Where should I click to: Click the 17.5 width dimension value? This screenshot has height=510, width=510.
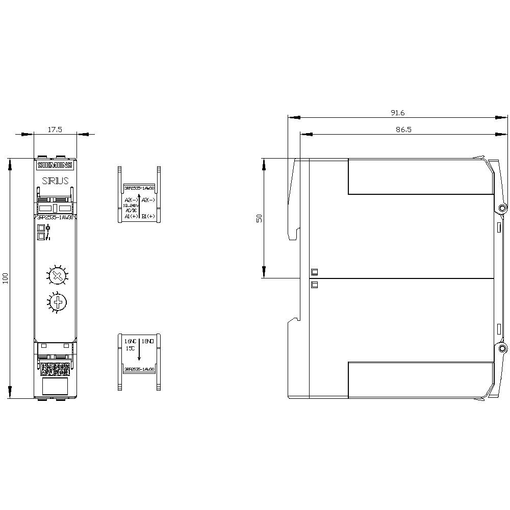click(x=55, y=130)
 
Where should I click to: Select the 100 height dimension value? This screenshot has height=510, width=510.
click(x=6, y=278)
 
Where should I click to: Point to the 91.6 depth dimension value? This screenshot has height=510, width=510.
click(x=397, y=113)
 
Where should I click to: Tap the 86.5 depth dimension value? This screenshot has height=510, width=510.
click(x=403, y=130)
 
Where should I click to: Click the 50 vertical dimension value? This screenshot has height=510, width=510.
click(x=259, y=218)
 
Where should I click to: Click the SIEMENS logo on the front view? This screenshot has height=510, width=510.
click(x=55, y=165)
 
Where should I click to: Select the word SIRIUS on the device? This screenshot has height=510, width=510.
click(x=55, y=181)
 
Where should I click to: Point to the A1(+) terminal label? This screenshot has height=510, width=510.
click(x=131, y=216)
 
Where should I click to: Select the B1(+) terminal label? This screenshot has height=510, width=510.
click(x=148, y=216)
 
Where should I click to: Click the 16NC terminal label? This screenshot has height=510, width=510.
click(x=131, y=340)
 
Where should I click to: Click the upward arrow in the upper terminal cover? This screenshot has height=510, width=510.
click(x=139, y=206)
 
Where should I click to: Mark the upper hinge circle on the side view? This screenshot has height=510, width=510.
click(x=502, y=208)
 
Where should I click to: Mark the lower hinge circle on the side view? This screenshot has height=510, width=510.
click(x=502, y=349)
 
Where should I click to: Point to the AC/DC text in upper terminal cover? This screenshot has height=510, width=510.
click(x=131, y=210)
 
